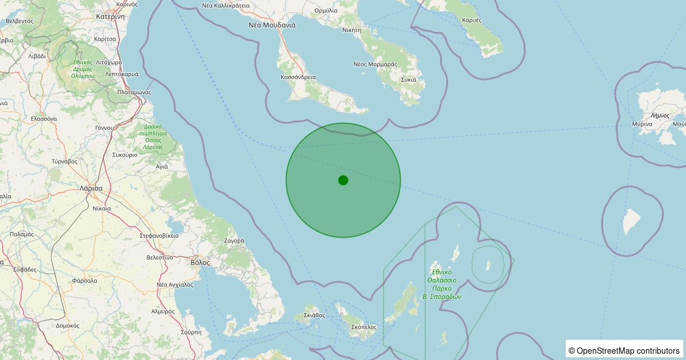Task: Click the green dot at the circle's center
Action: (343, 180)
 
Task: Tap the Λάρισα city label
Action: (91, 188)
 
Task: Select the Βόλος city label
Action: (200, 263)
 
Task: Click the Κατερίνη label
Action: (110, 17)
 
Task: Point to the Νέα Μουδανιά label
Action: (272, 25)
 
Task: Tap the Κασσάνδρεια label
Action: (298, 77)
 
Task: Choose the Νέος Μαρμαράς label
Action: (375, 64)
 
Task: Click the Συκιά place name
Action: (408, 79)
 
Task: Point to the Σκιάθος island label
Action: (314, 315)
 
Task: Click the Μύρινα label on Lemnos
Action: (642, 124)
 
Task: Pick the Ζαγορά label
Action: (234, 241)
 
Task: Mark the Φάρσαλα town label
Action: (85, 281)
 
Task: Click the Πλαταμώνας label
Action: (134, 91)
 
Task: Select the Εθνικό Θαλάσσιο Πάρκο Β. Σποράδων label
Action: (442, 285)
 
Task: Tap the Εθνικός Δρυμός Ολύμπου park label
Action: (83, 69)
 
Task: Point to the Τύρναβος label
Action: (64, 161)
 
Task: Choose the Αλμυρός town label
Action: (162, 311)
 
